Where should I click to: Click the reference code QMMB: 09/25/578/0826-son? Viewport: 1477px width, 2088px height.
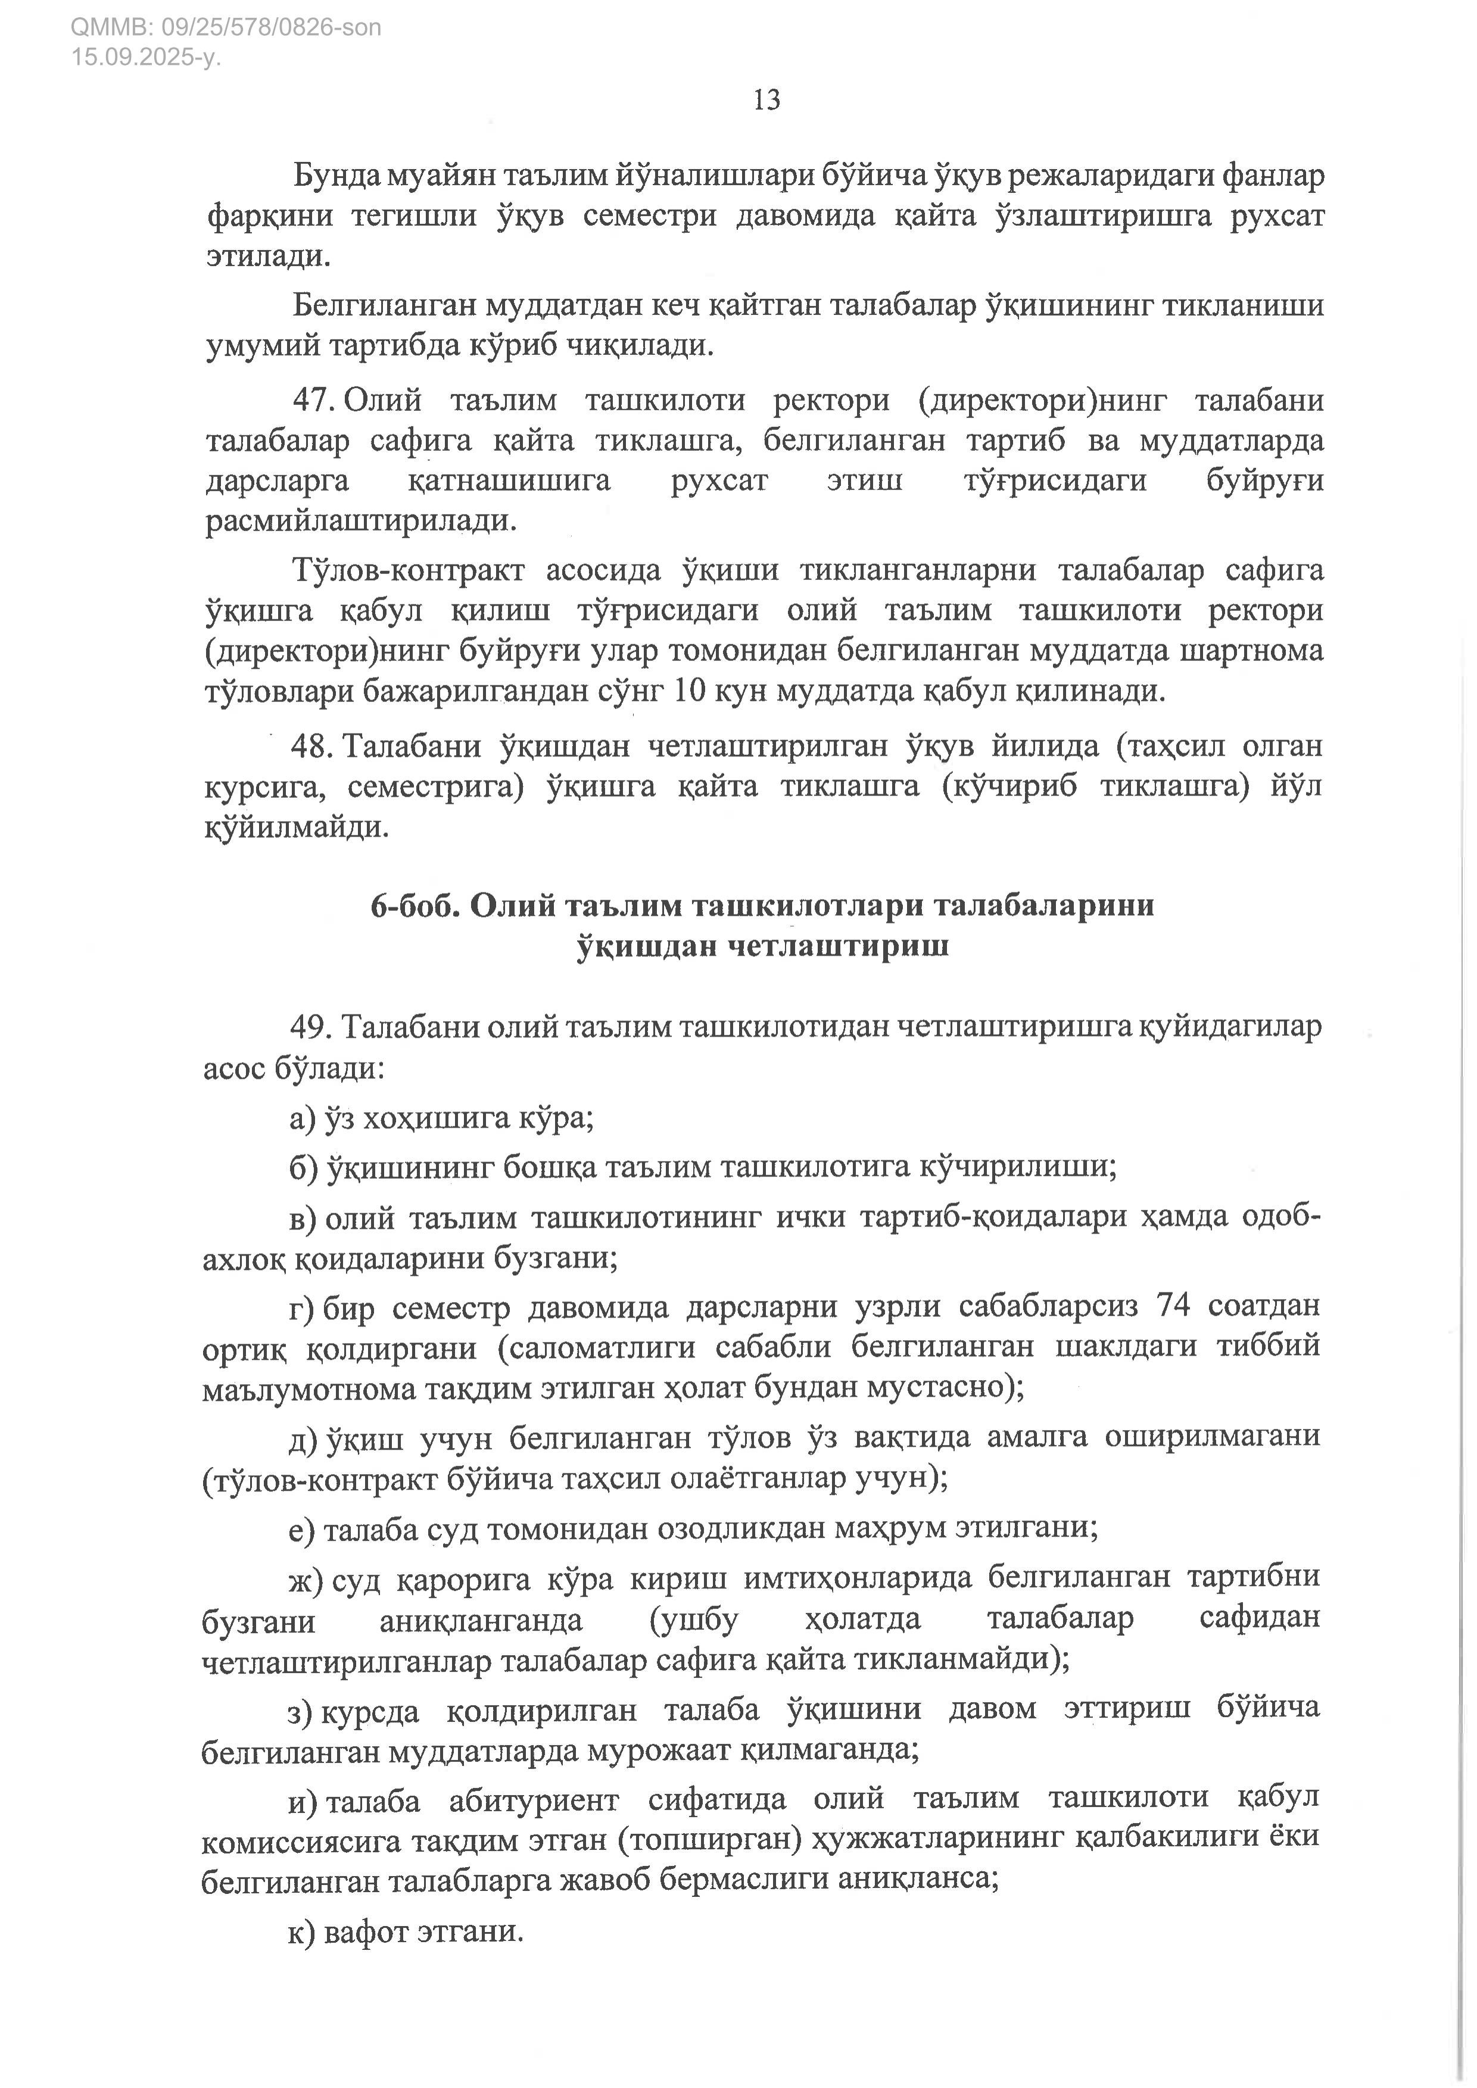(x=226, y=27)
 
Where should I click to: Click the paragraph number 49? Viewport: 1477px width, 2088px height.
(x=311, y=1026)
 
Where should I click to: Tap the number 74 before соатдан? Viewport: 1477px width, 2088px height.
(x=1173, y=1305)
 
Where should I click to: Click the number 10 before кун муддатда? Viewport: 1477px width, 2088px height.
(x=690, y=691)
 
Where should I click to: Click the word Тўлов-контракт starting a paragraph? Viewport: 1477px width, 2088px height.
(x=409, y=570)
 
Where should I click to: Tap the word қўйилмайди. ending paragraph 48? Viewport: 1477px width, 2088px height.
(x=297, y=828)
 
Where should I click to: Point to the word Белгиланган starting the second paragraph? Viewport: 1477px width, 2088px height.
(x=383, y=305)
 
